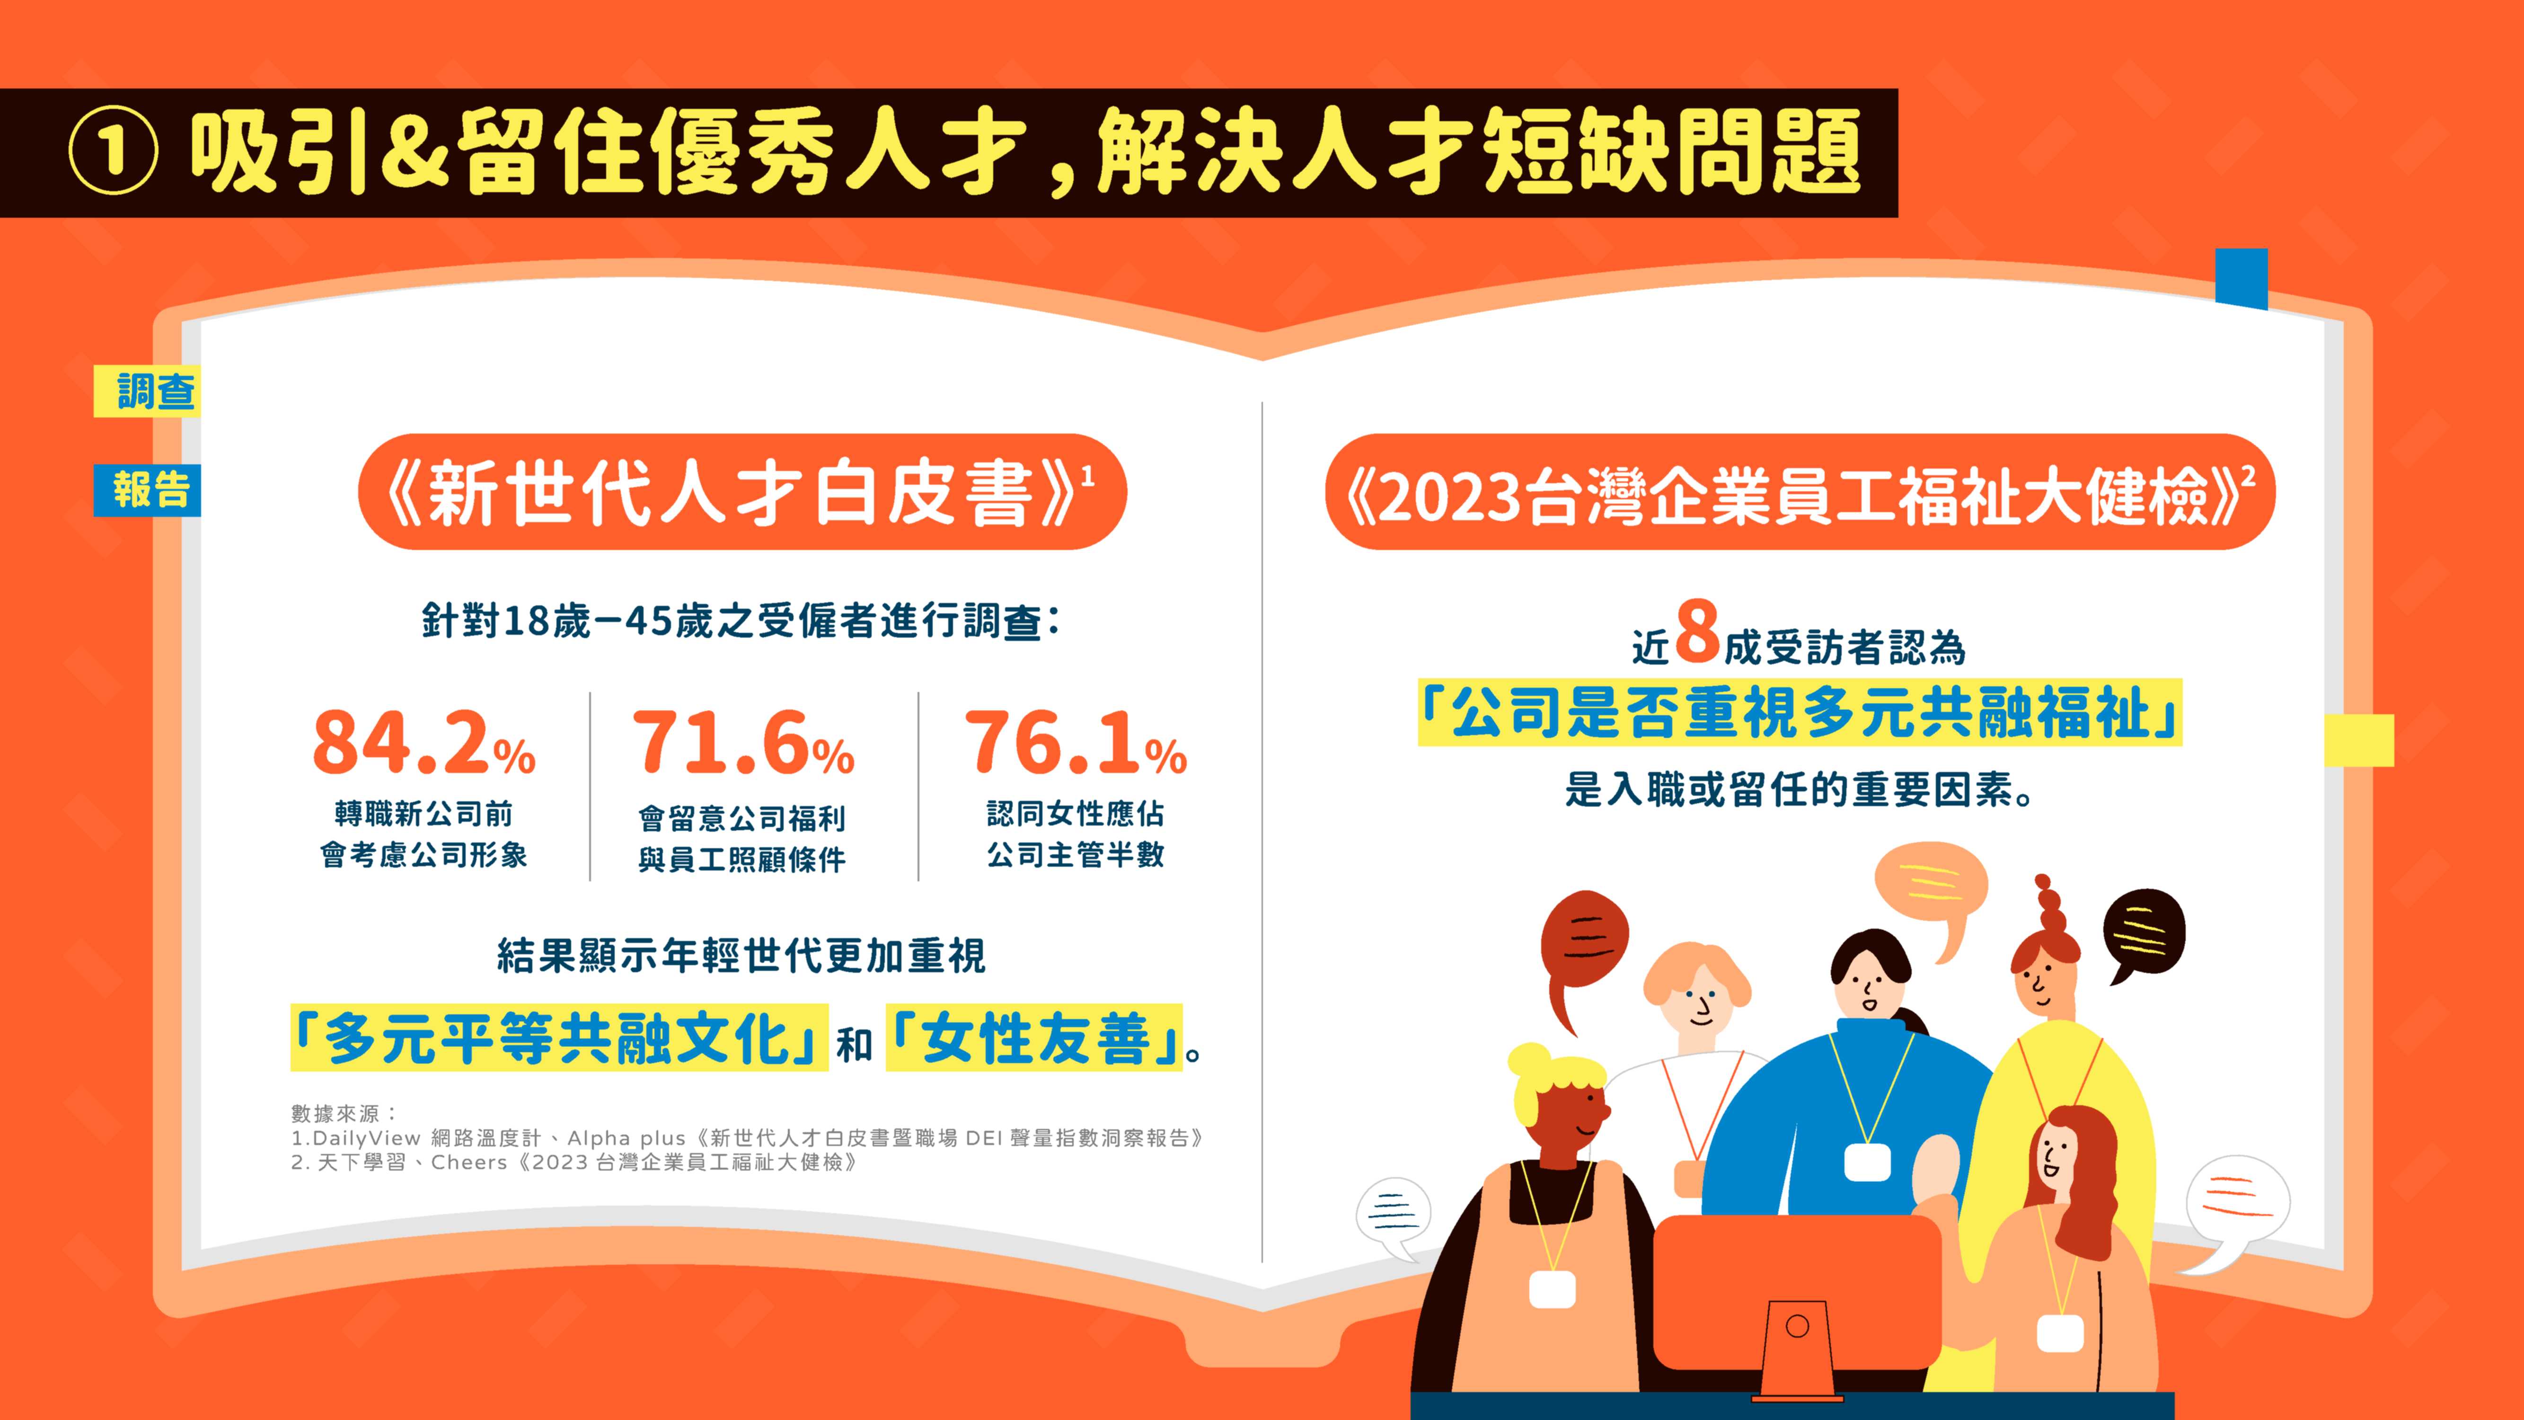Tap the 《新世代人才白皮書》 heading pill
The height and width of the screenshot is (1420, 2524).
tap(743, 492)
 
